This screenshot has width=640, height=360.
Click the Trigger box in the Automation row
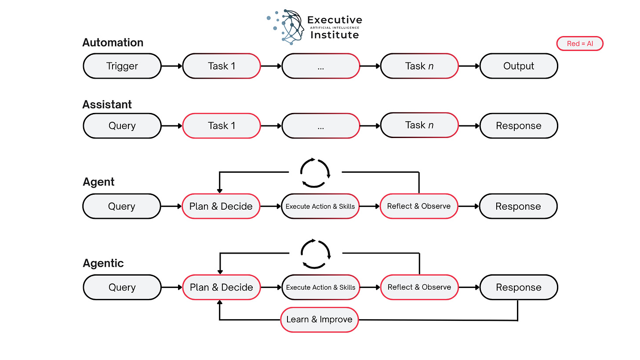(122, 66)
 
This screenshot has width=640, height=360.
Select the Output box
(519, 66)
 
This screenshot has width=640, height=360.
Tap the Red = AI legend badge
(579, 44)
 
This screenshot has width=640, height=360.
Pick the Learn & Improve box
(320, 320)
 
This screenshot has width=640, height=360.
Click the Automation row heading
(113, 43)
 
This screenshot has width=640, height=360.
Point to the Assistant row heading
(107, 105)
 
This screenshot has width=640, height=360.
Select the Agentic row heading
(103, 263)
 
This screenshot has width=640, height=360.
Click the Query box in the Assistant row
(122, 126)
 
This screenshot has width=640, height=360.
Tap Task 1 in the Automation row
(221, 66)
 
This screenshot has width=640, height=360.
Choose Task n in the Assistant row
(419, 125)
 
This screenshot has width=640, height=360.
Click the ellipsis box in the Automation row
(320, 66)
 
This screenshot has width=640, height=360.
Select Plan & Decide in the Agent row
(221, 206)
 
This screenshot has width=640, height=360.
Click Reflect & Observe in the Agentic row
(419, 287)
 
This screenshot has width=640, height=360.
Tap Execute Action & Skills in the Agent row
(320, 206)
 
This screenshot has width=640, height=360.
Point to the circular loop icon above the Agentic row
(315, 254)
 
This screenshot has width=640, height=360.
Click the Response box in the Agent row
(518, 206)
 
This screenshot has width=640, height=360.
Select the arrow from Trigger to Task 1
(172, 66)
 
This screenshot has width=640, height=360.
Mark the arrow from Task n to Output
(469, 66)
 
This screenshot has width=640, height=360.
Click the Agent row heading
(98, 182)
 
